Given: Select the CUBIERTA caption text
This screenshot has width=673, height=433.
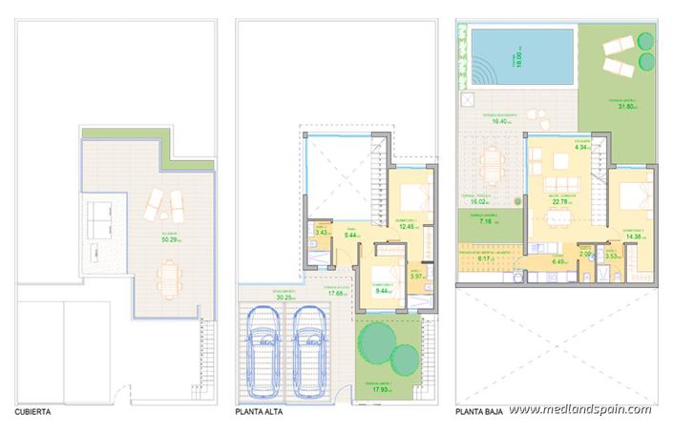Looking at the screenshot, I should pyautogui.click(x=36, y=414).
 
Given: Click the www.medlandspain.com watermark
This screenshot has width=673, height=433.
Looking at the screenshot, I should pyautogui.click(x=579, y=410).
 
